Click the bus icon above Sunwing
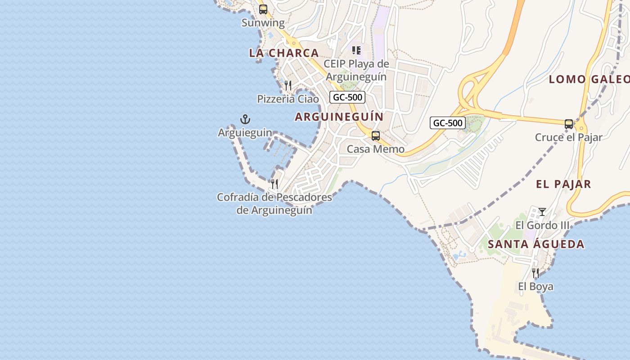point(263,9)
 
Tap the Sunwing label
point(263,23)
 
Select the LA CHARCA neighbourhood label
point(284,53)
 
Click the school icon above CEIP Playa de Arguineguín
point(356,50)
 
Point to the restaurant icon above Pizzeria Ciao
point(288,85)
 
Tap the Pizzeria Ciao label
point(288,99)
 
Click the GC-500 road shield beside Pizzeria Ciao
point(347,97)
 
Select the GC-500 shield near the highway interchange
point(447,123)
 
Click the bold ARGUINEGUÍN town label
point(339,117)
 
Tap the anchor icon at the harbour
point(245,119)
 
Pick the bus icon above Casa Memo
point(376,136)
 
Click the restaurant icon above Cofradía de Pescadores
point(274,184)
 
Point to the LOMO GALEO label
point(589,80)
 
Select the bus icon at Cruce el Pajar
point(569,124)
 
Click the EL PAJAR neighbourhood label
point(563,184)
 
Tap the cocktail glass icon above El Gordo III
point(542,211)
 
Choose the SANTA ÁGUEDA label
point(536,244)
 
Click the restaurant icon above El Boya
point(535,273)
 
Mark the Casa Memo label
point(376,149)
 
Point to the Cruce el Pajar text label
point(568,137)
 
